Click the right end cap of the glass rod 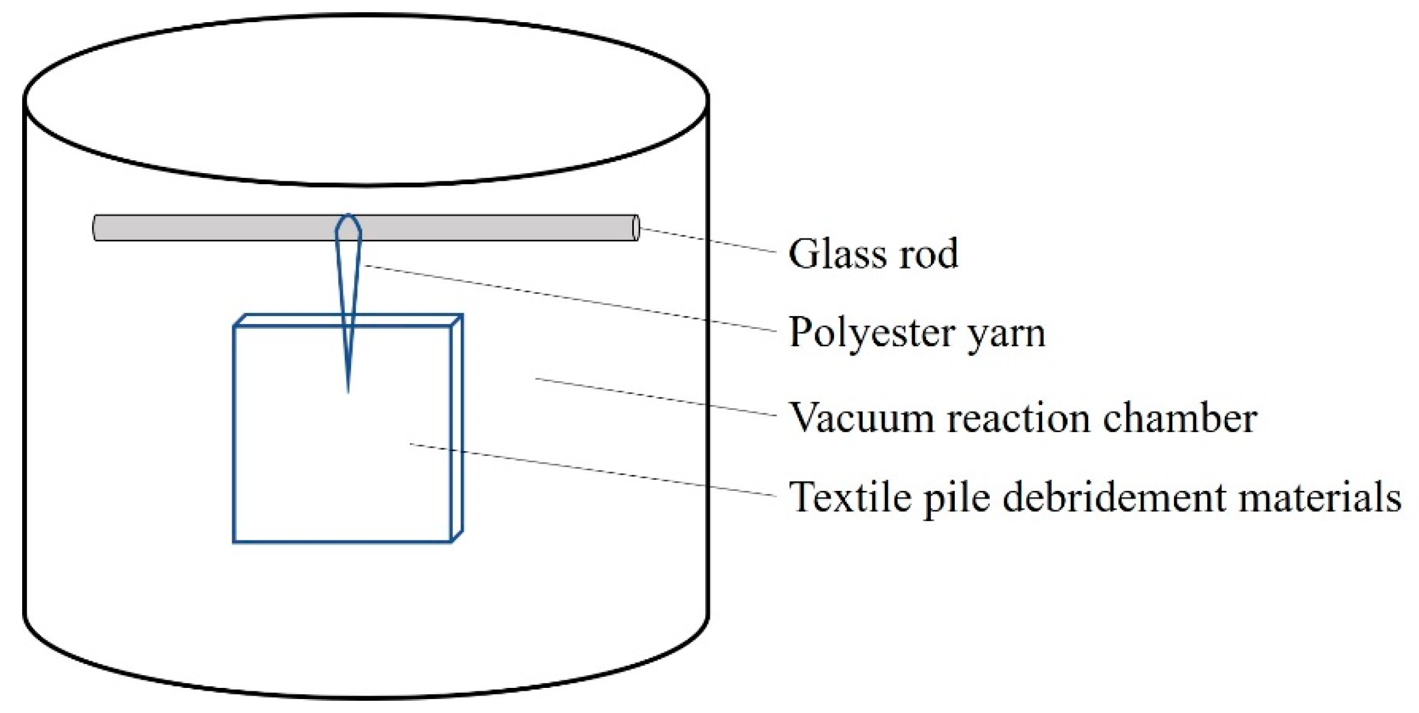pyautogui.click(x=636, y=228)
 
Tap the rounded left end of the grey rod pyautogui.click(x=97, y=228)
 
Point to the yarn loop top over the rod pyautogui.click(x=348, y=218)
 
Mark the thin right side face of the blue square pyautogui.click(x=457, y=428)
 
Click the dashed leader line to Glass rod pyautogui.click(x=709, y=240)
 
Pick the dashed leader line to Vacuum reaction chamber pyautogui.click(x=656, y=397)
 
